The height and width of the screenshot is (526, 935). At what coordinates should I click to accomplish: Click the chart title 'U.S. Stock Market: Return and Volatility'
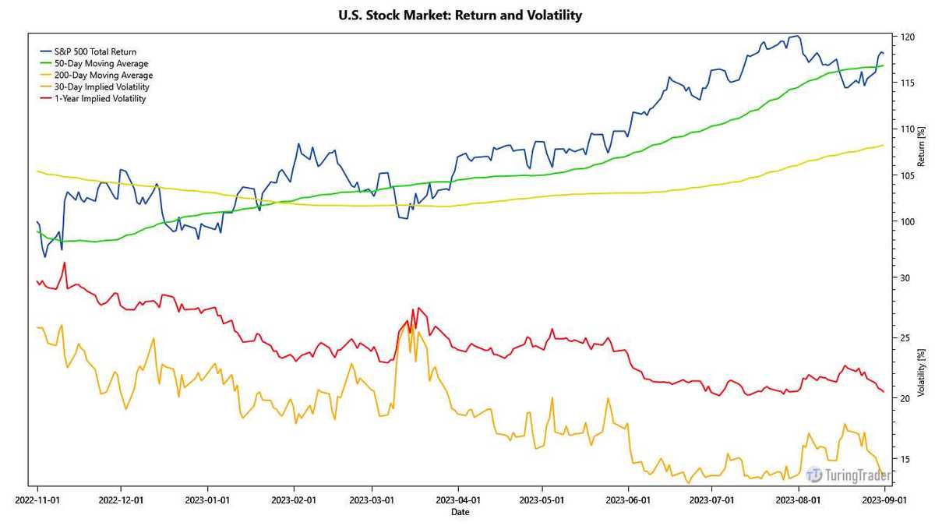point(460,15)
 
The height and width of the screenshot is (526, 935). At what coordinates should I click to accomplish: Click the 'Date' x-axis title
point(460,512)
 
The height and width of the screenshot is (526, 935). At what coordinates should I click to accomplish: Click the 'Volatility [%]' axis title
point(921,375)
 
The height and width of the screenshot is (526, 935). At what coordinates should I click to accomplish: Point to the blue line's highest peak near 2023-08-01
point(796,36)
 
